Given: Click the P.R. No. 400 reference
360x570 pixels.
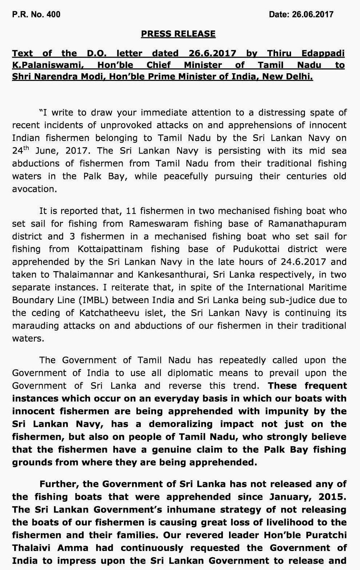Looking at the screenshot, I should coord(36,15).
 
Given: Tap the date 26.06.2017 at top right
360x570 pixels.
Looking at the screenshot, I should coord(301,15).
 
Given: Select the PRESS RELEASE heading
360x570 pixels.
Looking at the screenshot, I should coord(178,34).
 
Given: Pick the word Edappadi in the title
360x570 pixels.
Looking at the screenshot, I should coord(323,53).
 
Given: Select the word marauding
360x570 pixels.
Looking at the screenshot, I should coord(35,325).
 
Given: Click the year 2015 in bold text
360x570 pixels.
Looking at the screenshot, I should coord(330,497).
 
